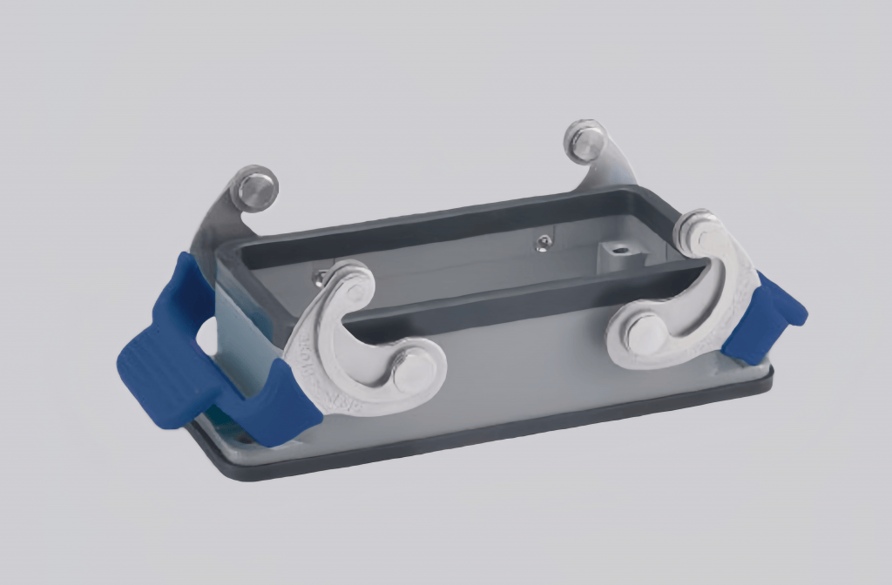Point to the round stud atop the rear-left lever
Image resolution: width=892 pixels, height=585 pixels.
coord(258,187)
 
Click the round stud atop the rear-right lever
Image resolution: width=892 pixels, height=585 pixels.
coord(585,140)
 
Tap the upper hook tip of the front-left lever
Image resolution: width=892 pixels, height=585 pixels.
coord(353,283)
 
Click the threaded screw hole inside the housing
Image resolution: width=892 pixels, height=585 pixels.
coord(620,253)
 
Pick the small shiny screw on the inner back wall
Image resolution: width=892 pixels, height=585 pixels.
coord(544,244)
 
